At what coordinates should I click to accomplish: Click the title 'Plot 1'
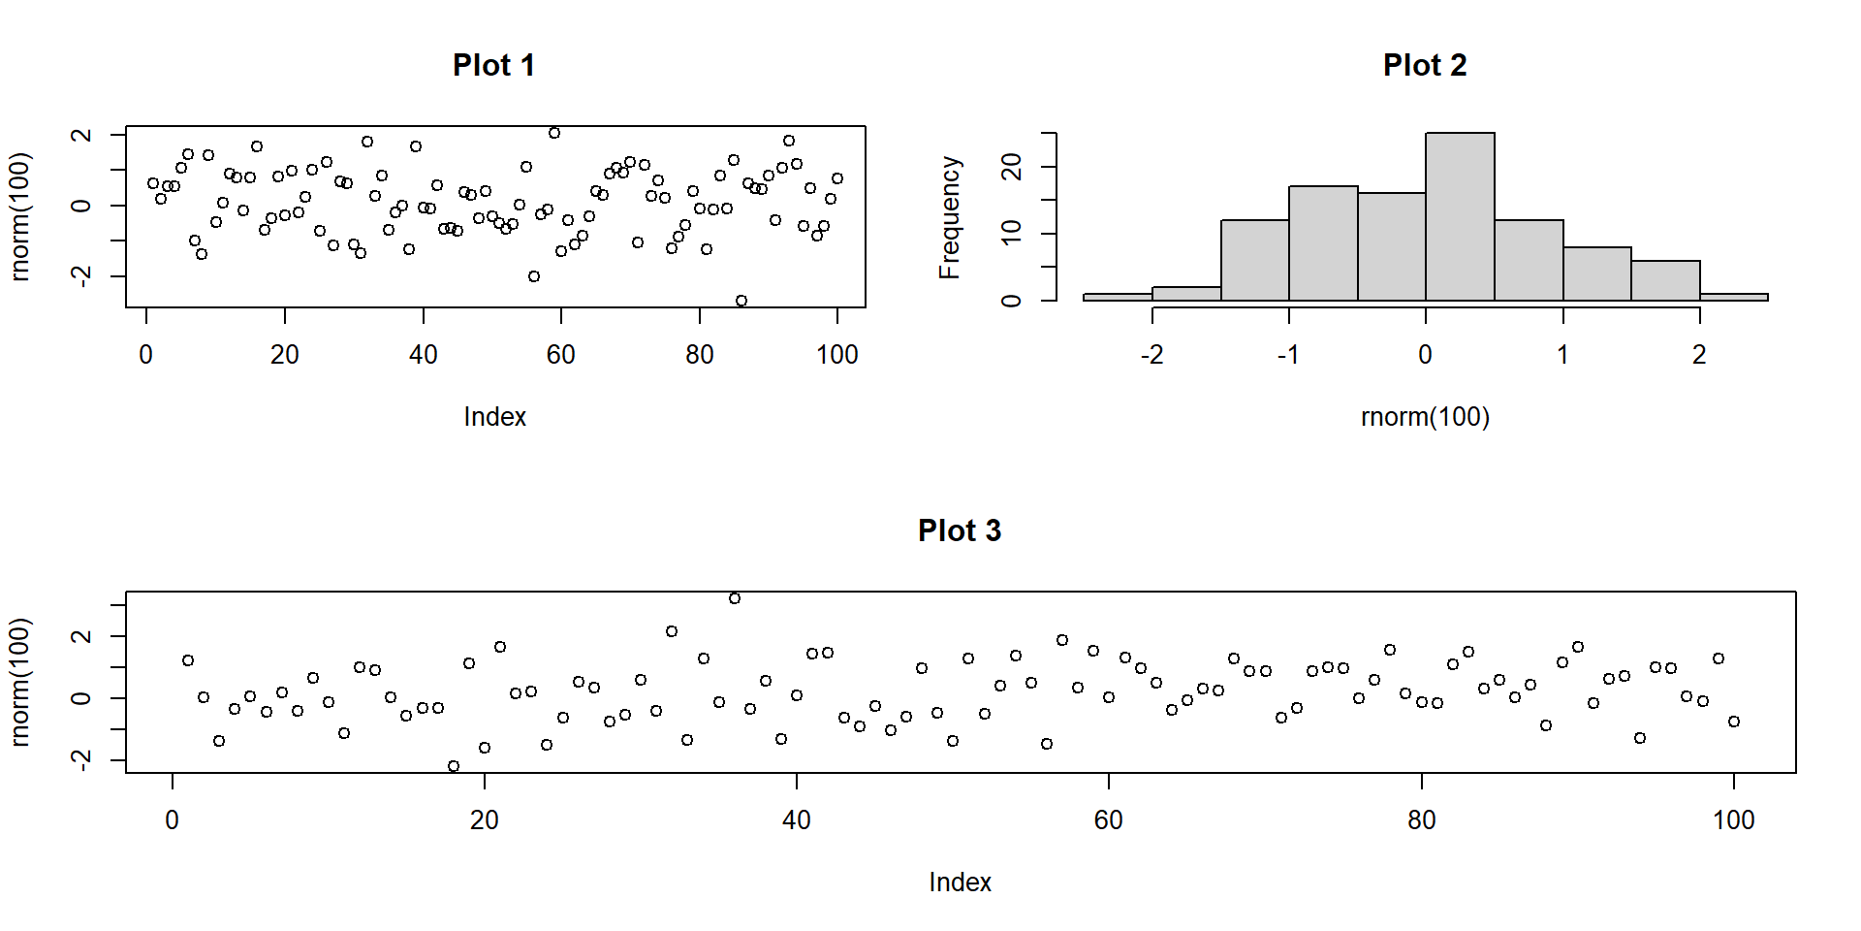pyautogui.click(x=493, y=65)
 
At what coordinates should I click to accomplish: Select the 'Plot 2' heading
pyautogui.click(x=1424, y=65)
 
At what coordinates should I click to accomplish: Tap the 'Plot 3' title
pyautogui.click(x=959, y=530)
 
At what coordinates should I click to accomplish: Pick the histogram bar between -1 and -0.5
pyautogui.click(x=1323, y=242)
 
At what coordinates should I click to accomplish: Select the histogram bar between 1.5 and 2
pyautogui.click(x=1665, y=280)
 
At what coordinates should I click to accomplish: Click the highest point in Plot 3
pyautogui.click(x=735, y=598)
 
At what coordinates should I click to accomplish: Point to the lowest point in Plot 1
pyautogui.click(x=741, y=301)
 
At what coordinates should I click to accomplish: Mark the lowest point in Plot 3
pyautogui.click(x=454, y=766)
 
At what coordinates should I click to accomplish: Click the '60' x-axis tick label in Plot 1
pyautogui.click(x=561, y=355)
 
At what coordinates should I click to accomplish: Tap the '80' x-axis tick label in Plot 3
pyautogui.click(x=1421, y=820)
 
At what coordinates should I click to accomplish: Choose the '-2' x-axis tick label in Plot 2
pyautogui.click(x=1151, y=355)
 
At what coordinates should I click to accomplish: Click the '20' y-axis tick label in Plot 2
pyautogui.click(x=1012, y=167)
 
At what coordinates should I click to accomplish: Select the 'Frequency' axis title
pyautogui.click(x=950, y=217)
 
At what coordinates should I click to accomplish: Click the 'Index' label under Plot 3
pyautogui.click(x=960, y=883)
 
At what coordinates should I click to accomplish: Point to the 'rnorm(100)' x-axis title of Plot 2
pyautogui.click(x=1425, y=417)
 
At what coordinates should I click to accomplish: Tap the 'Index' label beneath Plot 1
pyautogui.click(x=494, y=417)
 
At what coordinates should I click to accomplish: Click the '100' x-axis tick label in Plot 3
pyautogui.click(x=1733, y=820)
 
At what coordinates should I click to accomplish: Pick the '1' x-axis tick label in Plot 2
pyautogui.click(x=1562, y=355)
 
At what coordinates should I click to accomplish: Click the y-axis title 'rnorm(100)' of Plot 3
pyautogui.click(x=20, y=682)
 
